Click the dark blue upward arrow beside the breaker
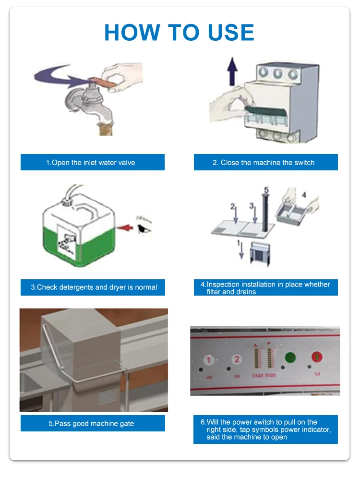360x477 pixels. pos(233,70)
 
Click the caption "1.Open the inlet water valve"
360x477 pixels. pos(92,162)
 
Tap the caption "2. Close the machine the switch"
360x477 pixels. pos(265,162)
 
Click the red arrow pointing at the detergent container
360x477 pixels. pos(125,228)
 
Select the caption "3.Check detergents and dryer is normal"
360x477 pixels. pos(93,287)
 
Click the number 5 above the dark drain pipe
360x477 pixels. pos(266,189)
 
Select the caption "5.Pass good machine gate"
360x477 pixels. pos(93,423)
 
